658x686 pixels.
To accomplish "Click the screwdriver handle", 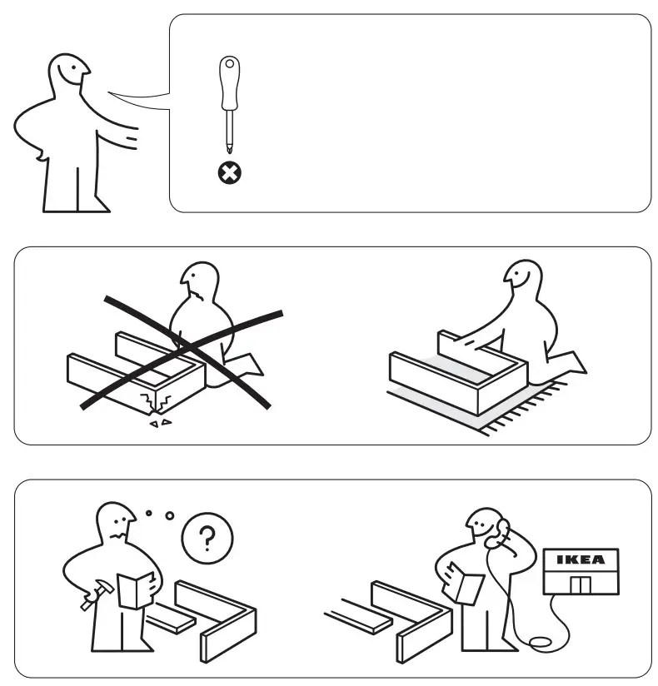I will (x=228, y=83).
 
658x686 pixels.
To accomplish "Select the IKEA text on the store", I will (x=580, y=559).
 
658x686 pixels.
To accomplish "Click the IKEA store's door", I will (x=580, y=584).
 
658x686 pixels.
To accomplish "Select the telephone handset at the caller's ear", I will (x=501, y=529).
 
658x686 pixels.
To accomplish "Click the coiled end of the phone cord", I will (x=540, y=642).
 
